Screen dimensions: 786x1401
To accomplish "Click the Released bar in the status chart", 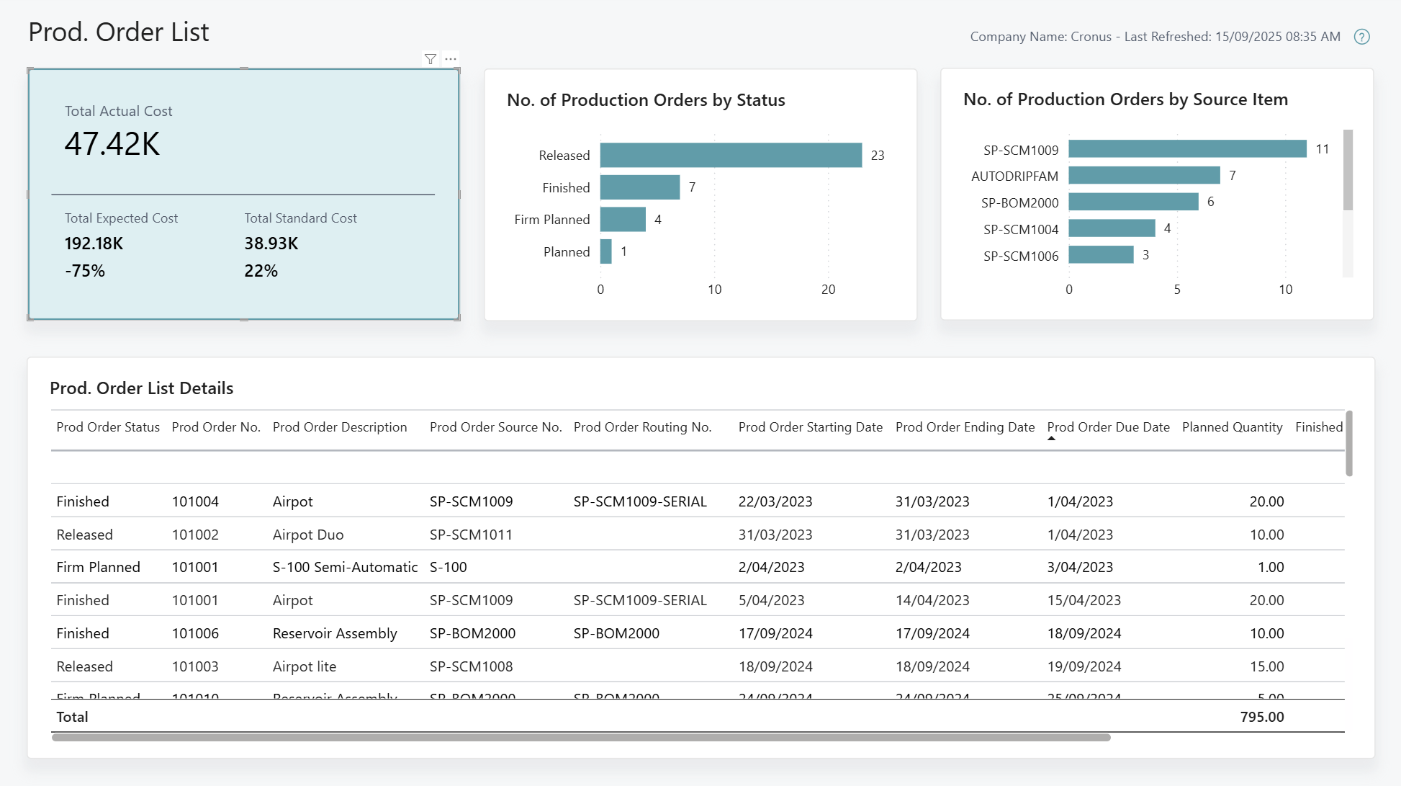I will click(x=730, y=155).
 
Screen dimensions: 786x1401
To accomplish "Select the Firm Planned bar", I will click(x=623, y=219).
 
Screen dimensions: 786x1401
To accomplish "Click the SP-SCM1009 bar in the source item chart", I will click(x=1186, y=149).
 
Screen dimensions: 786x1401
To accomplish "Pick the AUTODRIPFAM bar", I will click(x=1144, y=175).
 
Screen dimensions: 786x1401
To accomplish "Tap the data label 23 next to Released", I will click(x=877, y=156).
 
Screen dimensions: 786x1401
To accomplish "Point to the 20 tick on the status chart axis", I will click(x=828, y=290).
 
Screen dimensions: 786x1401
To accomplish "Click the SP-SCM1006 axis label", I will click(x=1020, y=256).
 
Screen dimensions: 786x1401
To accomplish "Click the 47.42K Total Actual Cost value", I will click(x=112, y=144).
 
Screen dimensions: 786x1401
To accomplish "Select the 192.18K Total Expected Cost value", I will click(x=94, y=244).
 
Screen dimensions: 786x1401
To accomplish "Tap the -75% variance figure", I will click(x=85, y=271).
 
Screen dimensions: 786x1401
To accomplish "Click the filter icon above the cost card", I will click(x=431, y=59).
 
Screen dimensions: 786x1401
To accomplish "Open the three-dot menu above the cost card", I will click(x=451, y=59).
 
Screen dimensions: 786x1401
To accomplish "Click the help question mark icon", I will click(x=1361, y=37).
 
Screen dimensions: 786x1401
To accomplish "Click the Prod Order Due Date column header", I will click(x=1108, y=427).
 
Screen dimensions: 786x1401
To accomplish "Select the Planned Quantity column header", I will click(x=1232, y=427).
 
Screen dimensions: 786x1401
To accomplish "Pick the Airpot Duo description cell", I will click(x=308, y=535).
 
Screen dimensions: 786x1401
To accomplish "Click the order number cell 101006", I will click(x=195, y=633).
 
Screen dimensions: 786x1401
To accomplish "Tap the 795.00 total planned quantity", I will click(x=1261, y=717).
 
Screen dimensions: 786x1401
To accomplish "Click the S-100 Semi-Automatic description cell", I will click(x=345, y=567).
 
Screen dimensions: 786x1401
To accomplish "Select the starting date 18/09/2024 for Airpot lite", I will click(x=775, y=666).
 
